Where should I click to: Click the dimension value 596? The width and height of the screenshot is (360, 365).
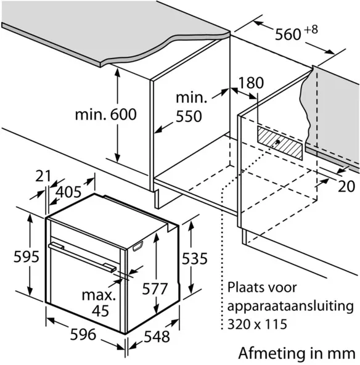pos(83,335)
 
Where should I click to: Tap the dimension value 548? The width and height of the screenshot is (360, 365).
pos(157,337)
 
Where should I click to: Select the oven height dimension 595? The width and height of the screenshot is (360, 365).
pos(27,256)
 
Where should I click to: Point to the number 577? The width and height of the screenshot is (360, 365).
pos(155,289)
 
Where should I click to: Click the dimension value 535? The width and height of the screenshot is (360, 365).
pos(195,258)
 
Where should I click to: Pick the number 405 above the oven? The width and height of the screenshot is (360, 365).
pos(69,192)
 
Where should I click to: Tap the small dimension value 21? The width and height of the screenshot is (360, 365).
pos(43,176)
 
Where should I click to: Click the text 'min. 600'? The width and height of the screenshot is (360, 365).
pos(106,114)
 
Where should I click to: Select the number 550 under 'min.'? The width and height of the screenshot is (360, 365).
pos(189,117)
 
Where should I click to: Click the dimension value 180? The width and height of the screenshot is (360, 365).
pos(252,83)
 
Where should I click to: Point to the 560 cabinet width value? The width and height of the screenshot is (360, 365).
pos(288,35)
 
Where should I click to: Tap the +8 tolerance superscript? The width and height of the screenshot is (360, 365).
pos(311,30)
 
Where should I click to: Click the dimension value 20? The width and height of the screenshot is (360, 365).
pos(346,186)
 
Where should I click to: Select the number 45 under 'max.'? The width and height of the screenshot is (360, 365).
pos(100,311)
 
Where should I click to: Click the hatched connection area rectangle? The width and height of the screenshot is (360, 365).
pos(280,143)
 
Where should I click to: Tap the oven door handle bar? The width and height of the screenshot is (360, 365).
pos(83,256)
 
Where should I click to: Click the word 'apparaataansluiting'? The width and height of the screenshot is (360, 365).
pos(290,306)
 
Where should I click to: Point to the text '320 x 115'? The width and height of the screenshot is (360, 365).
pos(257,324)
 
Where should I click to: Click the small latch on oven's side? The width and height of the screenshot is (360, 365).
pos(137,247)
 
